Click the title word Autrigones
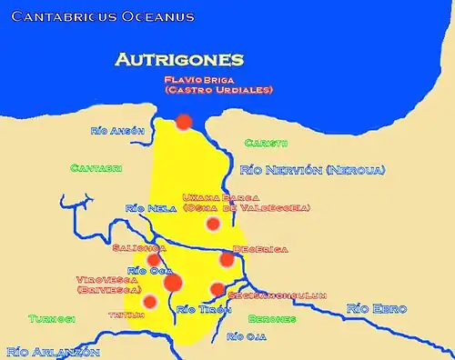pos(179,60)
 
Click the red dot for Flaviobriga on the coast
pos(184,121)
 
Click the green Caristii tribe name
pos(267,143)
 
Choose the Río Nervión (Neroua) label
pos(312,170)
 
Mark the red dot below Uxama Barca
pos(213,224)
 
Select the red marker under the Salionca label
pos(154,260)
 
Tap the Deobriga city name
pos(260,247)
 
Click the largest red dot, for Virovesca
pos(173,282)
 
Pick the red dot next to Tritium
pos(150,301)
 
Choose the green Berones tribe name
pos(272,319)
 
